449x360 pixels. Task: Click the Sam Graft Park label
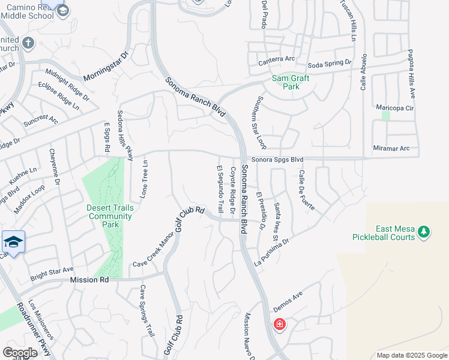pyautogui.click(x=291, y=82)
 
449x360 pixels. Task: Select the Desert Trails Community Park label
pyautogui.click(x=111, y=216)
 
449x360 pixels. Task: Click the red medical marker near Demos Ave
pyautogui.click(x=279, y=325)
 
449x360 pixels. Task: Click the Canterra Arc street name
pyautogui.click(x=277, y=59)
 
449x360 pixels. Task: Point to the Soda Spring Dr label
pyautogui.click(x=329, y=63)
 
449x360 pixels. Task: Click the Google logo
pyautogui.click(x=20, y=353)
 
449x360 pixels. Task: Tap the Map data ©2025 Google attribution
pyautogui.click(x=411, y=355)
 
